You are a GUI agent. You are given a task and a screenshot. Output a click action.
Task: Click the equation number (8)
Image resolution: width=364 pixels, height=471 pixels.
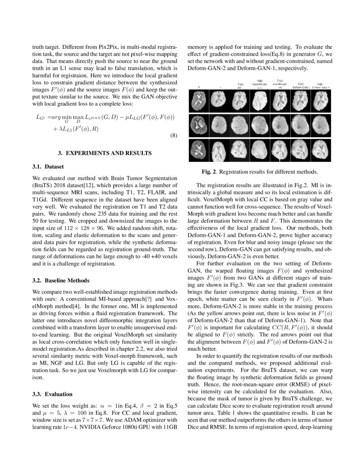(x=173, y=137)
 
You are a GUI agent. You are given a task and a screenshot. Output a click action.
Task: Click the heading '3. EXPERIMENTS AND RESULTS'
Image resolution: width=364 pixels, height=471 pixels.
(x=105, y=152)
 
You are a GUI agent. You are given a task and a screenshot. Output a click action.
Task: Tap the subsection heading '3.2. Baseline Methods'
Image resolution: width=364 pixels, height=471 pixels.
(x=61, y=280)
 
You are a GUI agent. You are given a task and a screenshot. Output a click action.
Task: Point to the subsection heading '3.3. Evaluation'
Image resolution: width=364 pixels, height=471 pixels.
(x=52, y=394)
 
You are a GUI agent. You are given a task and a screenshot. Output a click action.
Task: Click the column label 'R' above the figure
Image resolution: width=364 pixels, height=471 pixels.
(x=199, y=86)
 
